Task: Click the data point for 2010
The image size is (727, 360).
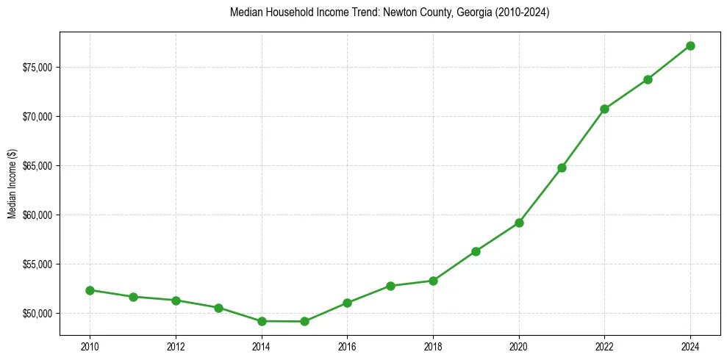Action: (x=90, y=290)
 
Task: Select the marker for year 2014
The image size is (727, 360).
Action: (x=262, y=321)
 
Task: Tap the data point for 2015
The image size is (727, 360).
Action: (x=304, y=321)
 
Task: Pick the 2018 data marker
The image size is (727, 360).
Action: (x=433, y=281)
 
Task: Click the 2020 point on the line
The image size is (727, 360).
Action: (x=519, y=223)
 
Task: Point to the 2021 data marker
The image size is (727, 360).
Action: (x=562, y=168)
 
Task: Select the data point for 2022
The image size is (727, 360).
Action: (x=604, y=109)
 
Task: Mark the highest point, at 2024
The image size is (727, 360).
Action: (x=690, y=46)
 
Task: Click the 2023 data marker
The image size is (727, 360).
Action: (x=648, y=79)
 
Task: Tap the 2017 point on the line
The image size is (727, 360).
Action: (x=390, y=286)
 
